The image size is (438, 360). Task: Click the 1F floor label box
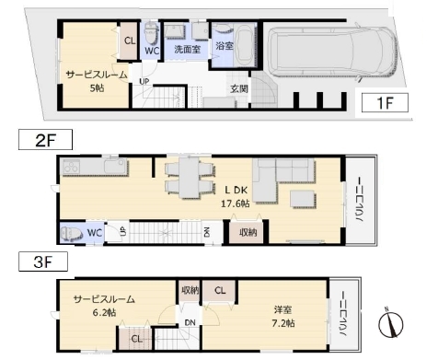tap(385, 102)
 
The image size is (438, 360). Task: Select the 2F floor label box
tap(45, 140)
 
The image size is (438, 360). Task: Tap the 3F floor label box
tap(43, 261)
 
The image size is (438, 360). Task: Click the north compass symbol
tap(390, 323)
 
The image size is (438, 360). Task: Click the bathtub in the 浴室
tap(245, 46)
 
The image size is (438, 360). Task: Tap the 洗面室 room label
tap(187, 49)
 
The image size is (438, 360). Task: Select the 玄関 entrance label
tap(239, 88)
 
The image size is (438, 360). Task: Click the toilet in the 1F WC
tap(151, 34)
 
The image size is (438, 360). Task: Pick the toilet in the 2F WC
tap(72, 233)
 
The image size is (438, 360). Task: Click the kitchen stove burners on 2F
tap(71, 167)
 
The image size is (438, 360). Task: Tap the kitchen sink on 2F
tap(115, 167)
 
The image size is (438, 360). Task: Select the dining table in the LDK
tap(190, 178)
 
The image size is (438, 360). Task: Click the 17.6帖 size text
tap(236, 203)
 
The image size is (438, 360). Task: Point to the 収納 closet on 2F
tap(248, 232)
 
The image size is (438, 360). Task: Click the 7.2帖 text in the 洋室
tap(282, 323)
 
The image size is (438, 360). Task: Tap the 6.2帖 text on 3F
tap(104, 313)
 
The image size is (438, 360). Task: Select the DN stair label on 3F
tap(190, 322)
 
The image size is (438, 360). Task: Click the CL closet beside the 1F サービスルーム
tap(129, 41)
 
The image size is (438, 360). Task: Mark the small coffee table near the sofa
tap(303, 199)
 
